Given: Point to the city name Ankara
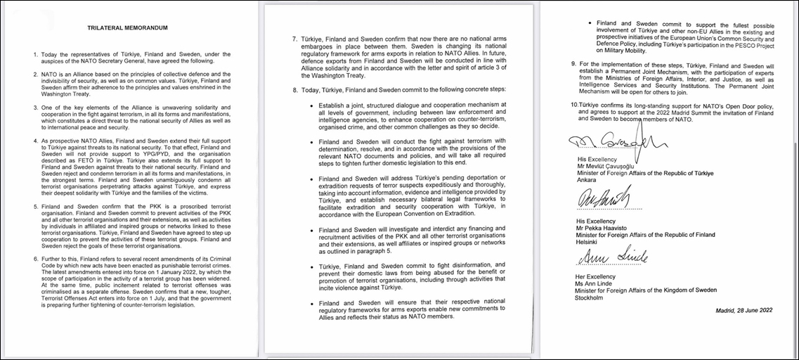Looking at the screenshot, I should (587, 179).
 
